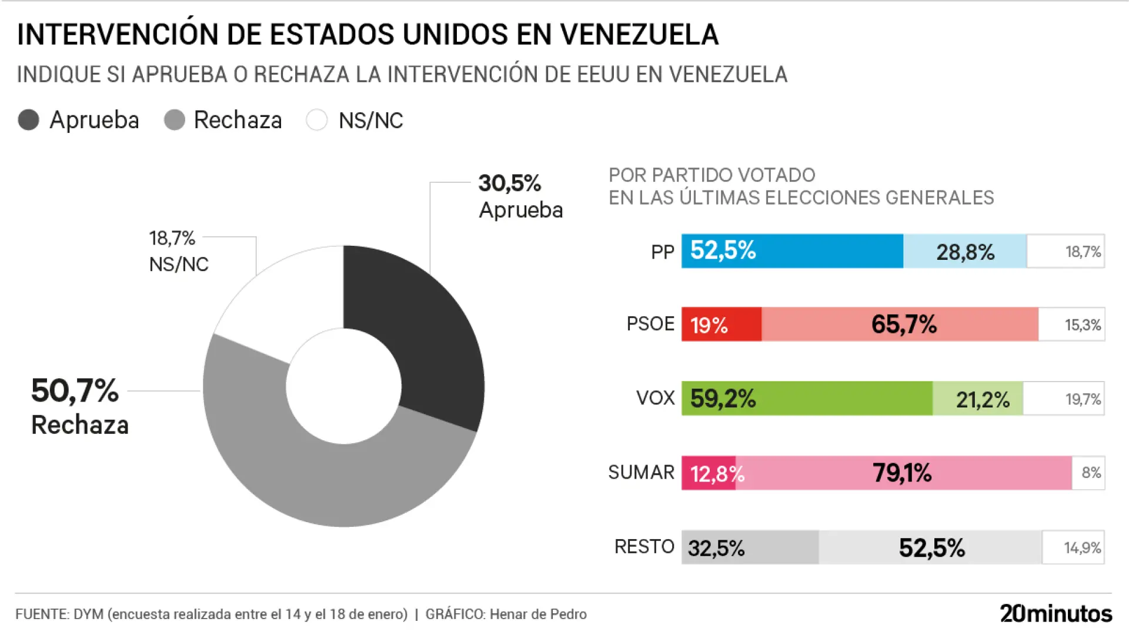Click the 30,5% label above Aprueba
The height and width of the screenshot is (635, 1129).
point(509,183)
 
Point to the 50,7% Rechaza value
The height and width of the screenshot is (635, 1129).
point(75,391)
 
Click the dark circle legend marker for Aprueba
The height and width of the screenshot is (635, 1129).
point(28,120)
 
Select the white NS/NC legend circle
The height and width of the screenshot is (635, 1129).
point(316,120)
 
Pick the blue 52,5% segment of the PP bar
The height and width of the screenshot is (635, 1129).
point(792,251)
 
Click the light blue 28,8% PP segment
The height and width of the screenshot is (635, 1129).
point(965,251)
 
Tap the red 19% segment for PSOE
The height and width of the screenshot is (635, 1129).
point(722,324)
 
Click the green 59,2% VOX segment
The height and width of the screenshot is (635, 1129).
point(807,399)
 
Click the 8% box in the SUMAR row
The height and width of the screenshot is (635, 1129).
point(1088,473)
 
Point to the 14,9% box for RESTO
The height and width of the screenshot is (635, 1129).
point(1074,547)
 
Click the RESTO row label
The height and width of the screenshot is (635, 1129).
point(644,547)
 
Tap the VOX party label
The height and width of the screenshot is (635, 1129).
point(655,398)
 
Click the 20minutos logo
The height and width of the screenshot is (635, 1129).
point(1055,613)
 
